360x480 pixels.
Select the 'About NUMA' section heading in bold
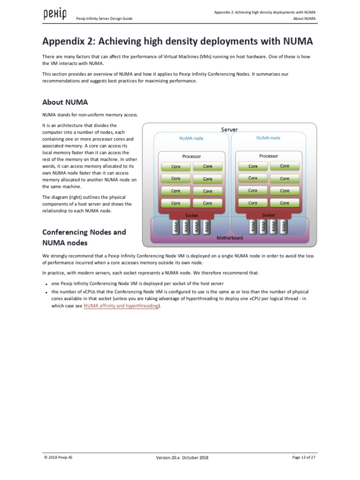(x=65, y=102)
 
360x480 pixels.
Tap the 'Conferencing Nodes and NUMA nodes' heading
(x=84, y=237)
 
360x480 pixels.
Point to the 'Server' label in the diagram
(x=229, y=129)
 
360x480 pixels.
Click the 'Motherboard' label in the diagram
(x=230, y=238)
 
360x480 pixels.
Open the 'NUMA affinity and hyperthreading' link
(x=121, y=306)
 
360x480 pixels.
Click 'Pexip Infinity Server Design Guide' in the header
(x=104, y=19)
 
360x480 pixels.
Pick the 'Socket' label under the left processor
(x=191, y=215)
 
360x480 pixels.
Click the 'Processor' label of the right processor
(x=269, y=156)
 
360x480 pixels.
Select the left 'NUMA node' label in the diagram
(x=191, y=138)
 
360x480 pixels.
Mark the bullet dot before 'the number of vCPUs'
(x=46, y=292)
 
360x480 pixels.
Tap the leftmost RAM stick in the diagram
(x=176, y=227)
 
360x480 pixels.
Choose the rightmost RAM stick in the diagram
(x=284, y=227)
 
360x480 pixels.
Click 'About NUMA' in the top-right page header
(x=304, y=19)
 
